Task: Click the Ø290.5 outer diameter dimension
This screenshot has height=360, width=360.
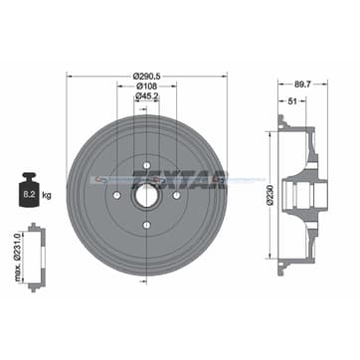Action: [146, 75]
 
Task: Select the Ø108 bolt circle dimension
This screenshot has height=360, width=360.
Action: [146, 87]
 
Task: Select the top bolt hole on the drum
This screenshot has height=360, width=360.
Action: [146, 165]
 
